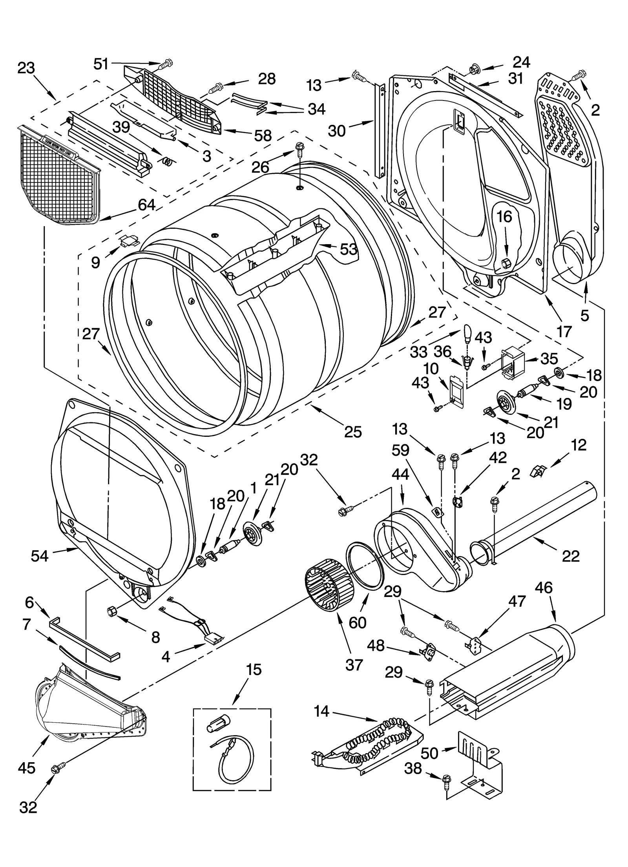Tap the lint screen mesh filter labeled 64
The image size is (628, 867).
point(59,177)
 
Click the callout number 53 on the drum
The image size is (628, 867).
point(348,249)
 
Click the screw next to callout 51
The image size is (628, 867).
point(166,62)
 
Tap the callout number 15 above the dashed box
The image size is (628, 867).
point(254,669)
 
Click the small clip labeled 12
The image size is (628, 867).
point(537,470)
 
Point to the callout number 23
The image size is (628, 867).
point(26,68)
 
